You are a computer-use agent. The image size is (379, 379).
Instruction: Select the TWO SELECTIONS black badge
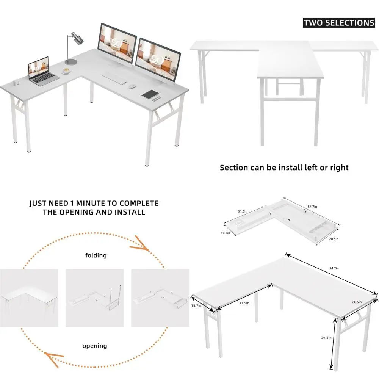click(339, 23)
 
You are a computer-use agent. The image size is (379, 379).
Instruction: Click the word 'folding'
click(96, 255)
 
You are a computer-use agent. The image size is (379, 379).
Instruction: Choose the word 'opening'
click(95, 346)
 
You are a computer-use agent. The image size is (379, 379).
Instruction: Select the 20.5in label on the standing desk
click(356, 302)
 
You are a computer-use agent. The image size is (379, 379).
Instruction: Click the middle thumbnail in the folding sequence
click(95, 298)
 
